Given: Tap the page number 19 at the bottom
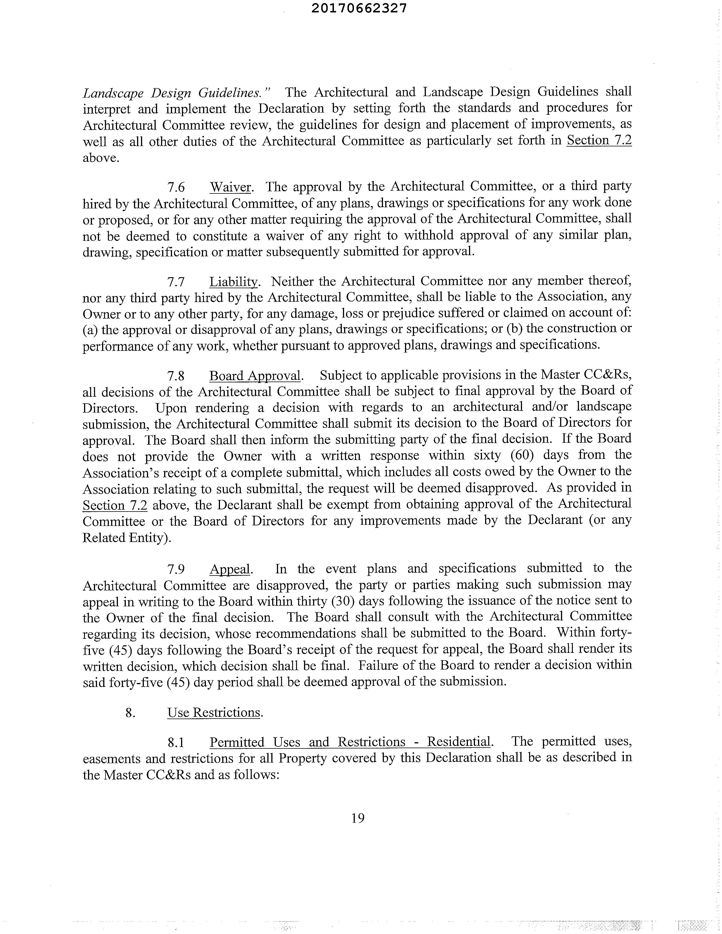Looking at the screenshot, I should click(x=358, y=818).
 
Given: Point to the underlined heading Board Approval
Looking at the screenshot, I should click(x=255, y=376).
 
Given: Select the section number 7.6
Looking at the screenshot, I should click(x=176, y=187).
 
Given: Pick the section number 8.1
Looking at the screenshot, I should click(x=176, y=743).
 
